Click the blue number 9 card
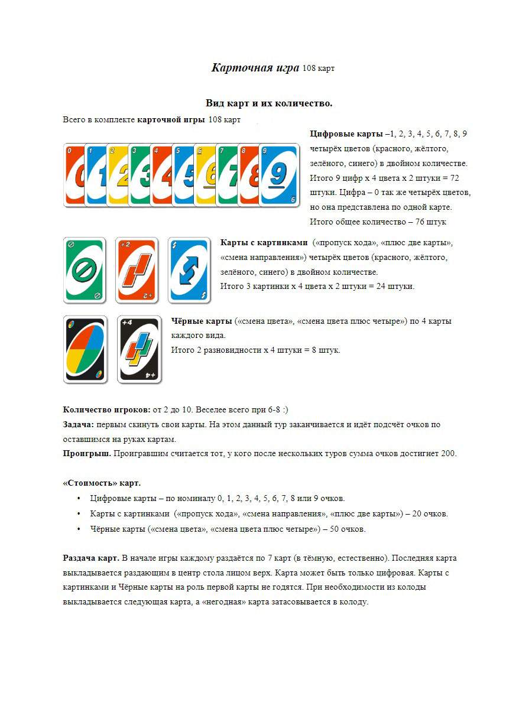click(x=279, y=175)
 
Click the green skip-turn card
click(x=85, y=270)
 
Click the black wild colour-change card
click(x=85, y=349)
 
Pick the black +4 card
click(x=139, y=349)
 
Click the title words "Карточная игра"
click(x=255, y=67)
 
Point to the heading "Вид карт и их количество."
click(x=268, y=103)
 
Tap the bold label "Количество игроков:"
click(x=106, y=410)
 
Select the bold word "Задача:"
click(x=79, y=425)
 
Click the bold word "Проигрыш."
click(x=87, y=454)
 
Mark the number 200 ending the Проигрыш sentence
click(x=449, y=454)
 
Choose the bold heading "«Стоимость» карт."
click(x=102, y=483)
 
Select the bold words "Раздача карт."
click(x=91, y=558)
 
